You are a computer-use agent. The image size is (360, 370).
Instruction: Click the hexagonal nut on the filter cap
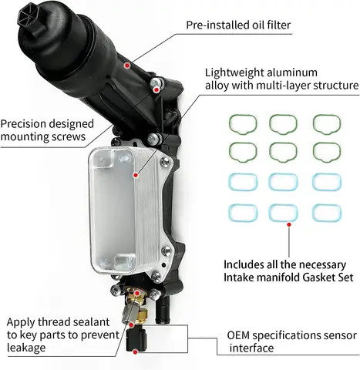coord(27,16)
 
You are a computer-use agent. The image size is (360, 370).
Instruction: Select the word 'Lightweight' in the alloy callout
coord(234,73)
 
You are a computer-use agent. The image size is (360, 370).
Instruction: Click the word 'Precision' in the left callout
coord(22,124)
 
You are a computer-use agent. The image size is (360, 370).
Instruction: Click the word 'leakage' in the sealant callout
coord(26,348)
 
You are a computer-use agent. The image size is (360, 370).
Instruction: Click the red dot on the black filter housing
coord(126,66)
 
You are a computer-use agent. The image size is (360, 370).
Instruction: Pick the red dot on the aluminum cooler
coord(136,176)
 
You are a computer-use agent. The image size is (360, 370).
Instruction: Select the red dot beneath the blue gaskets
coord(289,224)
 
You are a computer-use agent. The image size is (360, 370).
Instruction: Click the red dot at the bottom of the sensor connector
coord(135,351)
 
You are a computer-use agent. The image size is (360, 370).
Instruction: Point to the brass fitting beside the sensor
coord(143,316)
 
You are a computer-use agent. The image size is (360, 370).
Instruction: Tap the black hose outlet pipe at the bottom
coord(163,309)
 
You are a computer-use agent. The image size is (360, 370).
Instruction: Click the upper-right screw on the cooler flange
coord(165,162)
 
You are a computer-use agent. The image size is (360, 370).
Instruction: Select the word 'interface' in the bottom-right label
coord(251,348)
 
